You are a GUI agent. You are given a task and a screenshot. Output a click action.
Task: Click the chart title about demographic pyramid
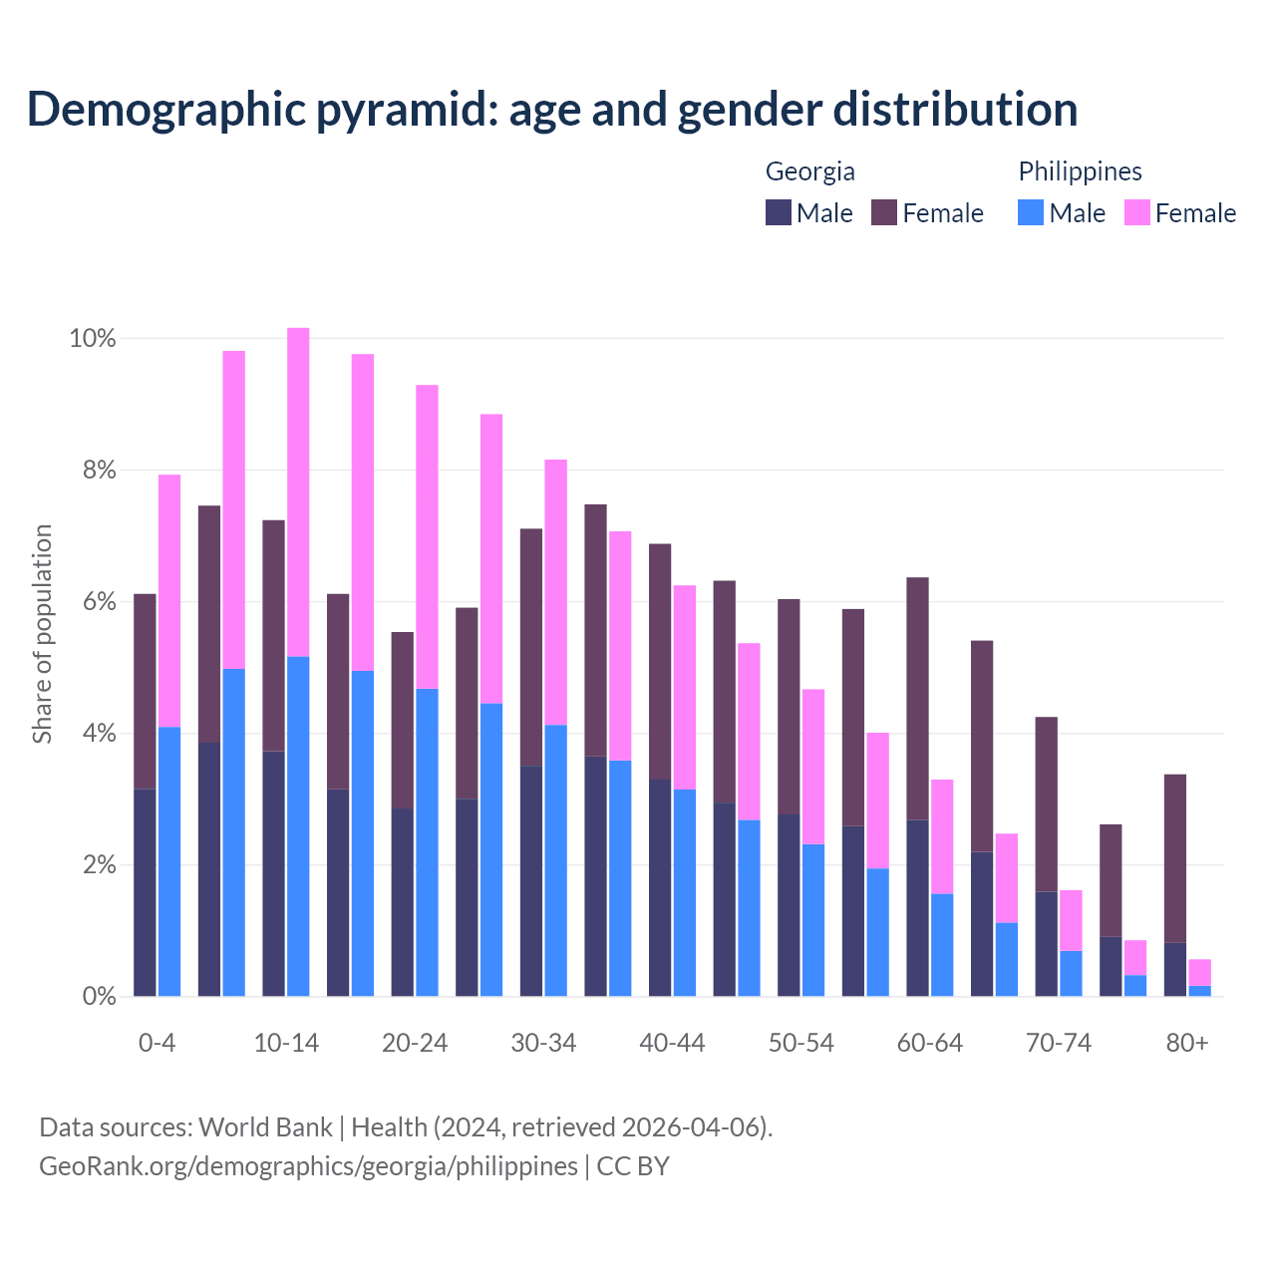pyautogui.click(x=552, y=110)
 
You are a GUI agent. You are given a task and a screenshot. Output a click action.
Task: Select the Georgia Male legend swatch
pyautogui.click(x=778, y=212)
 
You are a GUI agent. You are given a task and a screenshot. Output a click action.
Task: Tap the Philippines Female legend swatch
pyautogui.click(x=1136, y=212)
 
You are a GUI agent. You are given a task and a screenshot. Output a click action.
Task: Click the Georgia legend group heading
pyautogui.click(x=809, y=171)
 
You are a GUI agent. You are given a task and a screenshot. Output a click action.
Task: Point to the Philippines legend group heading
pyautogui.click(x=1080, y=171)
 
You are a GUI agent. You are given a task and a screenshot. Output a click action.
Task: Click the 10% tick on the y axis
pyautogui.click(x=93, y=339)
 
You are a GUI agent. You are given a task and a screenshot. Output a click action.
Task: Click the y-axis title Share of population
pyautogui.click(x=42, y=634)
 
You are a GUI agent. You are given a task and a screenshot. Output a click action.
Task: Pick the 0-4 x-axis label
pyautogui.click(x=157, y=1043)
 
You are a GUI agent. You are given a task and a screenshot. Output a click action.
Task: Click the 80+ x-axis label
pyautogui.click(x=1187, y=1043)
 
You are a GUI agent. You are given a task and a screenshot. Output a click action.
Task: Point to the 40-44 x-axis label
pyautogui.click(x=672, y=1043)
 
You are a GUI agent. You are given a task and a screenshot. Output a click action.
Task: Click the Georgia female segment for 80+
pyautogui.click(x=1175, y=858)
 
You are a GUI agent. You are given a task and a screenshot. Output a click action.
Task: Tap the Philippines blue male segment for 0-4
pyautogui.click(x=169, y=861)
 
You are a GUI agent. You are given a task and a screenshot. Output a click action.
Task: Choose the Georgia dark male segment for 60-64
pyautogui.click(x=917, y=907)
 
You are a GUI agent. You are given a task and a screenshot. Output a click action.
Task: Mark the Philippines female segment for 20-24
pyautogui.click(x=427, y=536)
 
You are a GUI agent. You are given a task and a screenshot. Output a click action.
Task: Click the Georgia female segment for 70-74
pyautogui.click(x=1046, y=804)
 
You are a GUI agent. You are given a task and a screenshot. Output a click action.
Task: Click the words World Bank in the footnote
pyautogui.click(x=265, y=1127)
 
